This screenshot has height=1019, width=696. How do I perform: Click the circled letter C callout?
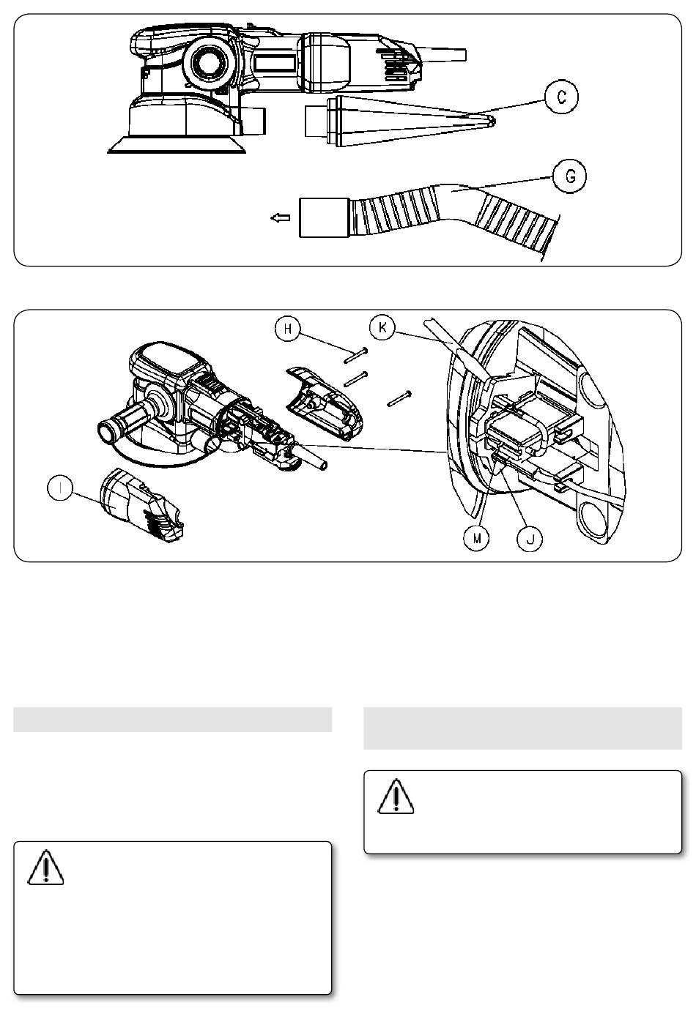pyautogui.click(x=561, y=97)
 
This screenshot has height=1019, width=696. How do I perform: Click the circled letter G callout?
pyautogui.click(x=569, y=176)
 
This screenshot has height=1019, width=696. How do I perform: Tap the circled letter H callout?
pyautogui.click(x=288, y=329)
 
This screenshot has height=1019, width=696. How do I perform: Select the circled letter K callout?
pyautogui.click(x=382, y=327)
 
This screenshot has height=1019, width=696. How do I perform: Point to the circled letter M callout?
pyautogui.click(x=477, y=539)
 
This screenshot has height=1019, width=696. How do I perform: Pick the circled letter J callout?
pyautogui.click(x=530, y=540)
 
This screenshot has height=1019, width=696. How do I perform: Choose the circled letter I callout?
pyautogui.click(x=60, y=488)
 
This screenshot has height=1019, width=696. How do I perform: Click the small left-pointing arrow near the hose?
pyautogui.click(x=281, y=218)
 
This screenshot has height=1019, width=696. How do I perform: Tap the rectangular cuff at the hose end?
pyautogui.click(x=324, y=218)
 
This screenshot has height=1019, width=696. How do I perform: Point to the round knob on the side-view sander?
pyautogui.click(x=209, y=62)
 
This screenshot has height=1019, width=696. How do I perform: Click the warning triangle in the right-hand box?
pyautogui.click(x=396, y=796)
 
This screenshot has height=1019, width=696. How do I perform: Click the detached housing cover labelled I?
pyautogui.click(x=142, y=506)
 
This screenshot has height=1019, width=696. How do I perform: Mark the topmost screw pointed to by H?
pyautogui.click(x=356, y=355)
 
